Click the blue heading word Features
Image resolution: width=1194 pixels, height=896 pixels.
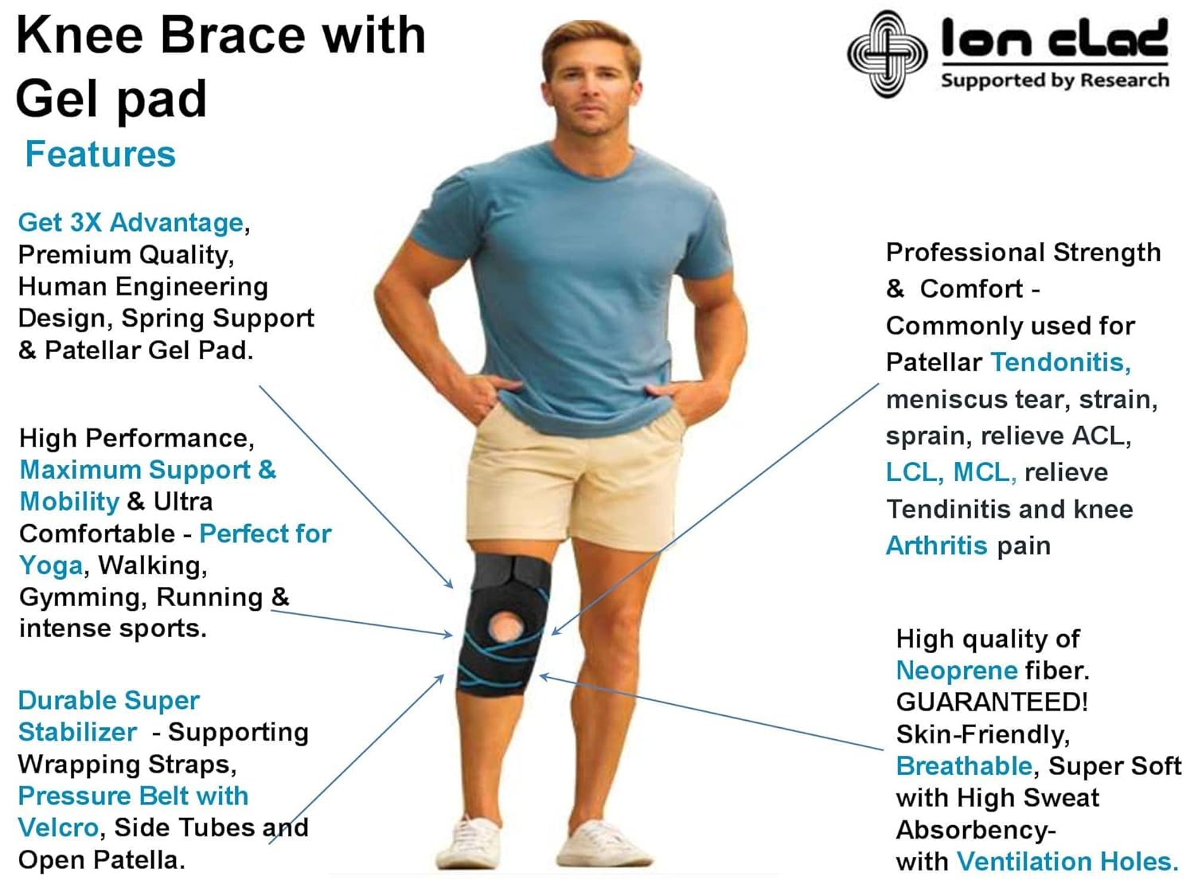pyautogui.click(x=100, y=155)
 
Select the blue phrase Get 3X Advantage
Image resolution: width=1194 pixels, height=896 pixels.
pyautogui.click(x=131, y=222)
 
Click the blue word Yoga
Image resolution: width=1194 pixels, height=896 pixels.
pyautogui.click(x=51, y=565)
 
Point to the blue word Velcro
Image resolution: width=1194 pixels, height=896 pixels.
pyautogui.click(x=57, y=828)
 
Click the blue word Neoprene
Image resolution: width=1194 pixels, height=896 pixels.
pyautogui.click(x=957, y=671)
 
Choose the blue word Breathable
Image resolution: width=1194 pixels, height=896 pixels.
pyautogui.click(x=964, y=766)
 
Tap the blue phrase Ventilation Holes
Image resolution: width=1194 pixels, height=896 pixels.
pyautogui.click(x=1067, y=862)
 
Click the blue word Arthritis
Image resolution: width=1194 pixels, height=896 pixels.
pyautogui.click(x=936, y=546)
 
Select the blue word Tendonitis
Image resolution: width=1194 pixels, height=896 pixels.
pyautogui.click(x=1060, y=362)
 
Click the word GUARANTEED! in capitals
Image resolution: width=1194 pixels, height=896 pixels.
pyautogui.click(x=992, y=702)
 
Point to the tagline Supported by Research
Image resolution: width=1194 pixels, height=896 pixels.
pyautogui.click(x=1055, y=80)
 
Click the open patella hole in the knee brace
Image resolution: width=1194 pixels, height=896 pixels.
pyautogui.click(x=505, y=627)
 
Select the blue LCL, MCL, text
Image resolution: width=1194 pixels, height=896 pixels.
pyautogui.click(x=950, y=472)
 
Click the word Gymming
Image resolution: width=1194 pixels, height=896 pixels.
pyautogui.click(x=80, y=597)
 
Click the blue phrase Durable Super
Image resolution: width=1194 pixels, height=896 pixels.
pyautogui.click(x=108, y=701)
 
